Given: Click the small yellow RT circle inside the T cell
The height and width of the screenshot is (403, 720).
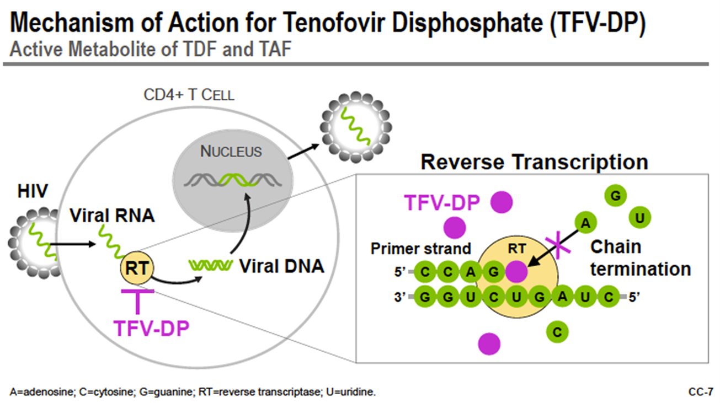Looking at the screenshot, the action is tap(137, 268).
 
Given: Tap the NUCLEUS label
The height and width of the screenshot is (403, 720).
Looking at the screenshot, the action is tap(231, 151).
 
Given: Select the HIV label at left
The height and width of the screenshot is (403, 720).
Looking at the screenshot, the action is tap(33, 191).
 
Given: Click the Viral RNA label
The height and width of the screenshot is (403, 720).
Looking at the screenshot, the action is tap(112, 215).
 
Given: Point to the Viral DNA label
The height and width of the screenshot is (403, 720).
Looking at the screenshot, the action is tap(281, 266).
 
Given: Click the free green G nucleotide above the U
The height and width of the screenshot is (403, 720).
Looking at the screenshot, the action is tap(615, 196).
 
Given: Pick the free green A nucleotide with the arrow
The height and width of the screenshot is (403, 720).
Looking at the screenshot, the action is tap(585, 223).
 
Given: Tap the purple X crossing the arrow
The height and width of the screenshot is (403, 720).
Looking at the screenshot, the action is tap(558, 245).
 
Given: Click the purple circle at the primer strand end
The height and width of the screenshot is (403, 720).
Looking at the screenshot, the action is tap(516, 271).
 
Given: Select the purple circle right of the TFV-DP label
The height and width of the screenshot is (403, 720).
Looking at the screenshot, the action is tap(502, 202).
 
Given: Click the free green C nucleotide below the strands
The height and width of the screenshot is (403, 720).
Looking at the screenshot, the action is tap(557, 332).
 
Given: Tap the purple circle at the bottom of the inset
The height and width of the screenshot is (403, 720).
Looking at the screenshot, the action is tap(489, 344).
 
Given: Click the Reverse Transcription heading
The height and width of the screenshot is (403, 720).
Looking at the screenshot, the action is tap(534, 162).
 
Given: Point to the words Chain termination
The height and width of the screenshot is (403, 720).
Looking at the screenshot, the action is tap(641, 258).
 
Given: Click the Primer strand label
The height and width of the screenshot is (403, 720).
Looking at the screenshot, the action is tap(420, 249).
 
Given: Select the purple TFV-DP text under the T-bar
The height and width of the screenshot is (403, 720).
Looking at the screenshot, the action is tap(151, 328).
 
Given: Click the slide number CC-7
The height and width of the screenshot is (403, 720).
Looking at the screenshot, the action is tap(701, 392).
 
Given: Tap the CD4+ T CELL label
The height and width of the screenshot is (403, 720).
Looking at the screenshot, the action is tap(189, 95).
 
